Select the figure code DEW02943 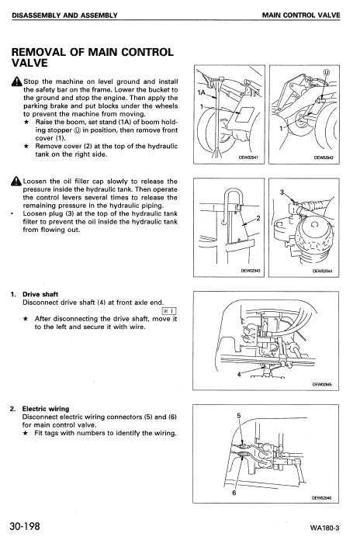[x=248, y=272]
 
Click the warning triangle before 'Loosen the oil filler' [x=16, y=182]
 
